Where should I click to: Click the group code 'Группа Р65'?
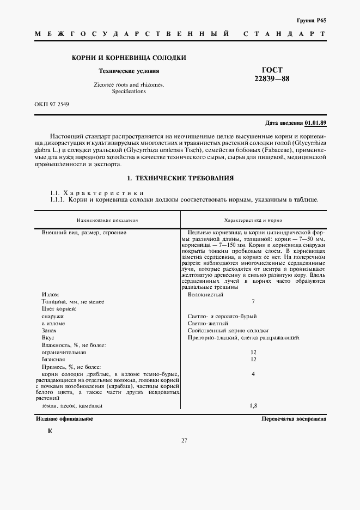point(312,20)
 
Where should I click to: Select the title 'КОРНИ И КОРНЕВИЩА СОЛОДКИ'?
point(129,57)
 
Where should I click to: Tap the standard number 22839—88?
point(272,79)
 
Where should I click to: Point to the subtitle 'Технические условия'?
point(129,71)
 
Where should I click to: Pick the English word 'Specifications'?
point(129,92)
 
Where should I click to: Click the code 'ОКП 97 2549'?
point(52,104)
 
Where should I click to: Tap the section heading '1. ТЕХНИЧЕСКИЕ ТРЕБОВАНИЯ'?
point(180,178)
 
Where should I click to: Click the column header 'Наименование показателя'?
point(107,220)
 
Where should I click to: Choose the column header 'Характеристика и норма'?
point(253,220)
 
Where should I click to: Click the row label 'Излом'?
point(50,294)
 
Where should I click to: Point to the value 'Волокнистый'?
point(205,294)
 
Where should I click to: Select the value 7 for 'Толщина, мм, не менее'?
point(253,301)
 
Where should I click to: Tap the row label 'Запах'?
point(50,331)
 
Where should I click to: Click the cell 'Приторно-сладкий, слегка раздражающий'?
point(243,338)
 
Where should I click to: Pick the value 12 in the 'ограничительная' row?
point(253,352)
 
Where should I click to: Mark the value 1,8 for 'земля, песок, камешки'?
point(253,406)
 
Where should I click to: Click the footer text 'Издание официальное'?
point(64,418)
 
